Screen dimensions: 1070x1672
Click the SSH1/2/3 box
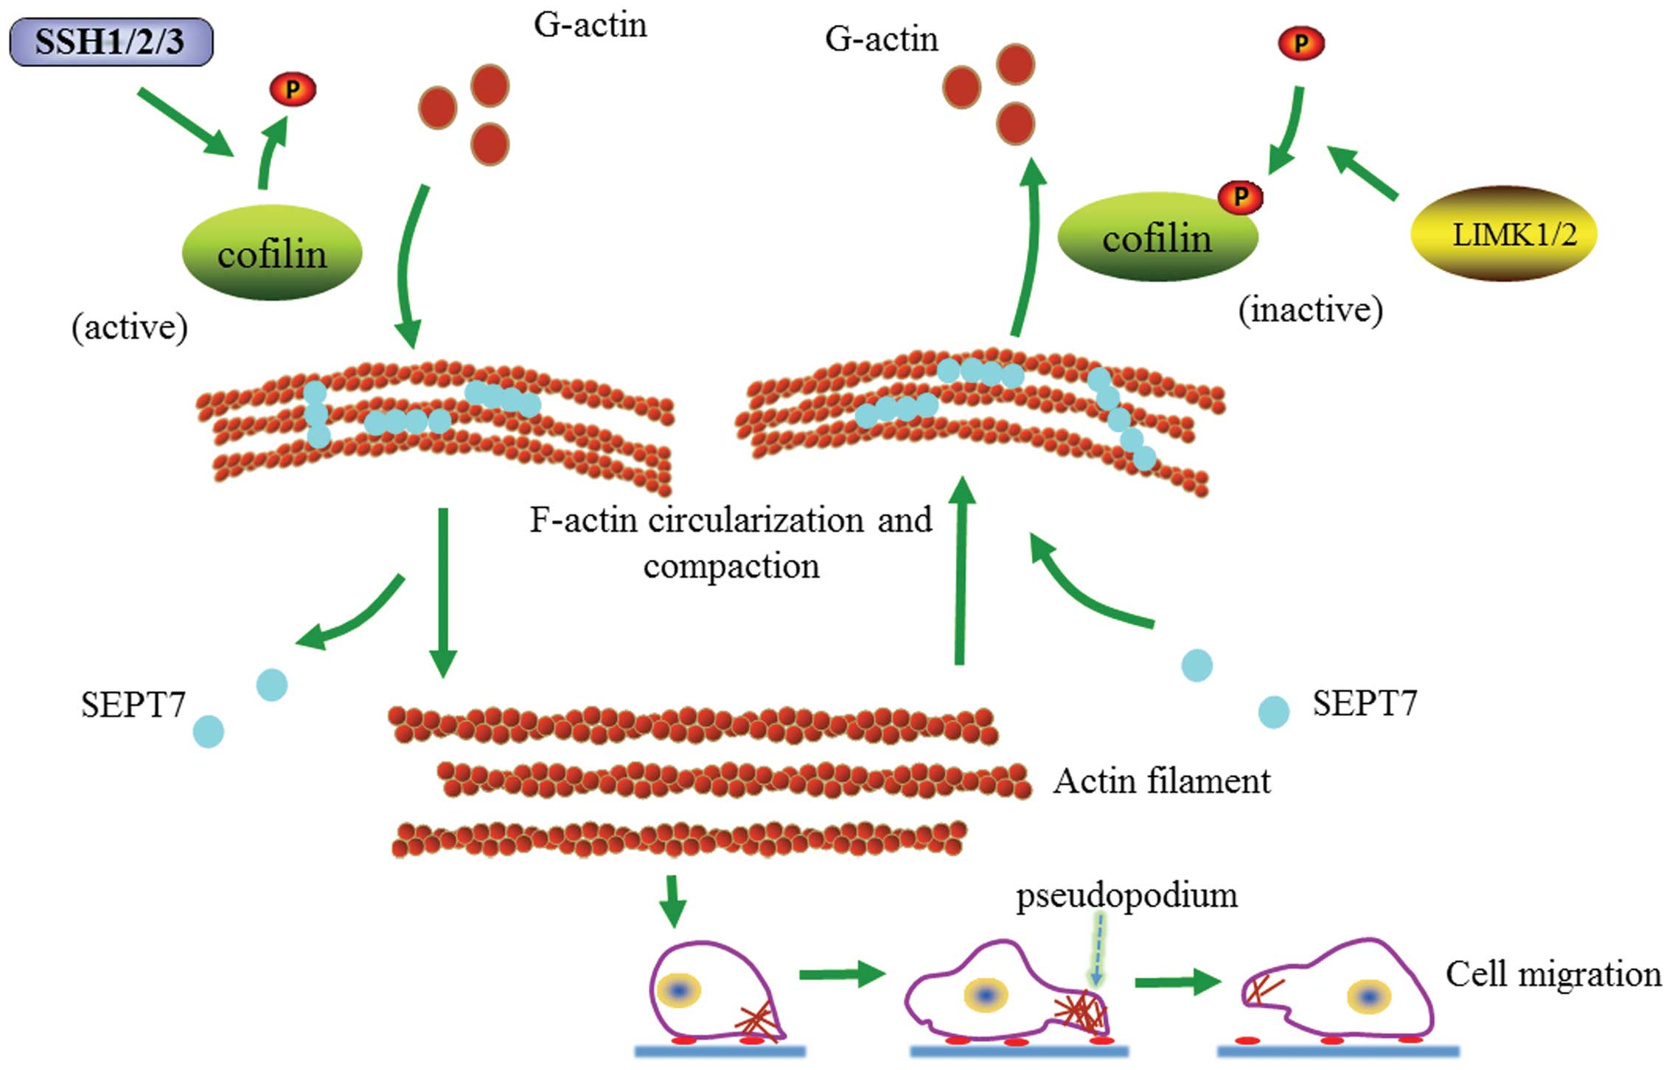(111, 42)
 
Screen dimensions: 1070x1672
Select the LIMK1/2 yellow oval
(1503, 234)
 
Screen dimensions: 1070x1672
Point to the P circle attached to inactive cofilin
(1241, 197)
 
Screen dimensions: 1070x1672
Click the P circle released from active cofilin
(293, 90)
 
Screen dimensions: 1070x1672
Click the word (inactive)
(1310, 310)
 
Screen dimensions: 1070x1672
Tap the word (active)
(130, 326)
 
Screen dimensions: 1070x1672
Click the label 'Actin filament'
(1161, 781)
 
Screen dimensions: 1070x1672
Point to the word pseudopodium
(1126, 896)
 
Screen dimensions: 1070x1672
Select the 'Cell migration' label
(1553, 974)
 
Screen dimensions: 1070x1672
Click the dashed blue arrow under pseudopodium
(1097, 951)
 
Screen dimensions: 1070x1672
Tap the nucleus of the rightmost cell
(1369, 997)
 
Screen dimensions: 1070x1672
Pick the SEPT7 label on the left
(133, 705)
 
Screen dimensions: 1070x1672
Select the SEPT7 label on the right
(1365, 703)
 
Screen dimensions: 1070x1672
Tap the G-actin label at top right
(881, 39)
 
